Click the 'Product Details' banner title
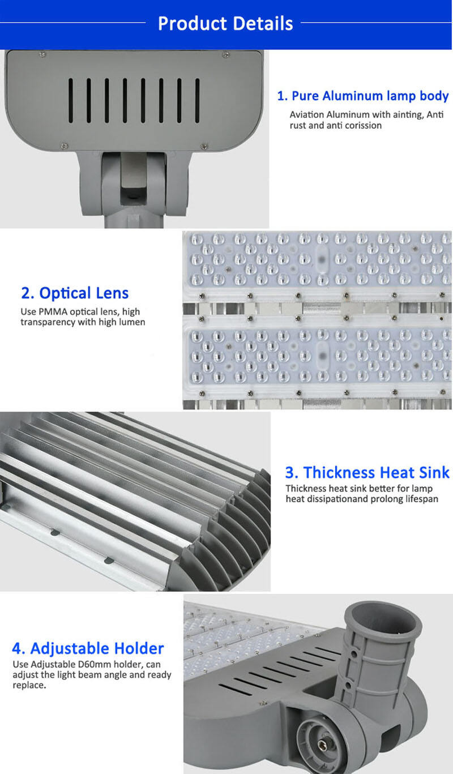coord(225,23)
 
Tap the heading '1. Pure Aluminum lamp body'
coord(363,96)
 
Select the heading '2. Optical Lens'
coord(75,293)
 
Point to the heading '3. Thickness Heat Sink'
coord(367,472)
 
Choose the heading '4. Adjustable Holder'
coord(88,648)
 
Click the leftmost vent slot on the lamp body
coord(70,101)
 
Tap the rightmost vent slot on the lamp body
coord(197,101)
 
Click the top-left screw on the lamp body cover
coord(42,54)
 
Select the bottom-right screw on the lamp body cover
coord(204,147)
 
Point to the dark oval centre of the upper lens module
coord(322,260)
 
